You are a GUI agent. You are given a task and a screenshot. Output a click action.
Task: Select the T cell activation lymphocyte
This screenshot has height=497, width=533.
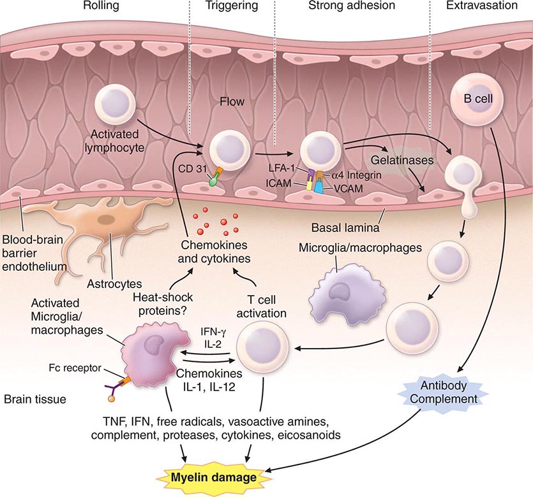(x=264, y=350)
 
